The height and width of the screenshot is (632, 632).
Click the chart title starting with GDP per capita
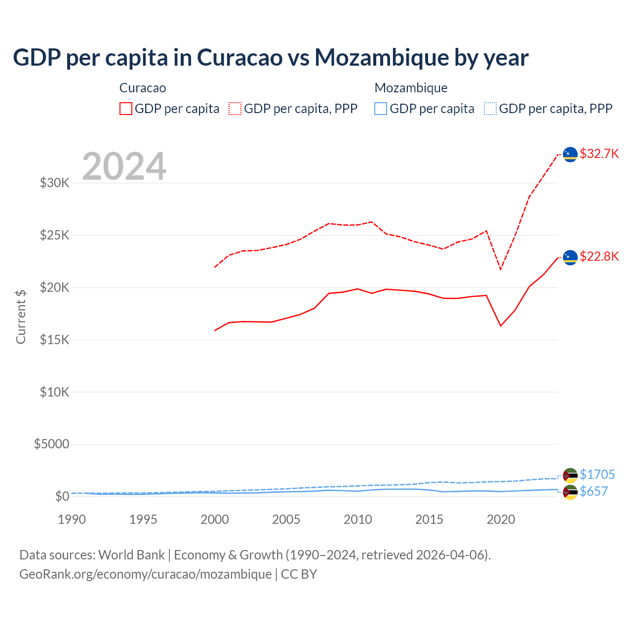(271, 58)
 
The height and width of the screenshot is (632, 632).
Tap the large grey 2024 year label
(124, 166)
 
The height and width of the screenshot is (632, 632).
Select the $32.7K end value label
(599, 154)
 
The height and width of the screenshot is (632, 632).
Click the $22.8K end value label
(599, 256)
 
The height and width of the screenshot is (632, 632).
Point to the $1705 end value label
(597, 474)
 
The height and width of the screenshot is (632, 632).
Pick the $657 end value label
(593, 491)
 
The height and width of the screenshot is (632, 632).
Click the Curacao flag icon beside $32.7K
(570, 155)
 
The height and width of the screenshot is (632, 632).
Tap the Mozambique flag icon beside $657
(570, 492)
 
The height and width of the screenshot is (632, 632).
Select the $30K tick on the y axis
(55, 183)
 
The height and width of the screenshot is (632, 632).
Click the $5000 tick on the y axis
(52, 444)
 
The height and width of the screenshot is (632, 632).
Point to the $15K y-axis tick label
(55, 340)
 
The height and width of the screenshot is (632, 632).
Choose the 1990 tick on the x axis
(72, 519)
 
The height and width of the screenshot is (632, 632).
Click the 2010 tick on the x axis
(358, 519)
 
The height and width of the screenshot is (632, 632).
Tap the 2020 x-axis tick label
(501, 519)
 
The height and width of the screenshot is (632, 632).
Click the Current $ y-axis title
(21, 316)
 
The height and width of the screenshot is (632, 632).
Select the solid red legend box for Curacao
(126, 109)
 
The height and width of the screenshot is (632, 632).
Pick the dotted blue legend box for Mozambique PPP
(490, 109)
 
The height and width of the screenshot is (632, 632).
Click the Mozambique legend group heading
(411, 88)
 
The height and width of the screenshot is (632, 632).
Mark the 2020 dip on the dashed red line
(501, 269)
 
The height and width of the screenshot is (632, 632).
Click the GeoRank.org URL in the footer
(145, 574)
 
